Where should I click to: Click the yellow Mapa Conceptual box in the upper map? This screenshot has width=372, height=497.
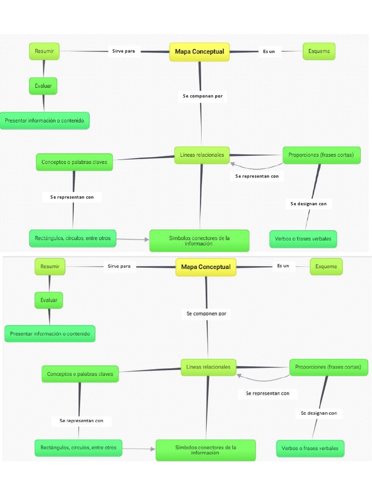(199, 52)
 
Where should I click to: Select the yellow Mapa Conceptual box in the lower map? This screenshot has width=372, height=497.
(205, 267)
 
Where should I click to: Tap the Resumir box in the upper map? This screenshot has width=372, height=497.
(44, 51)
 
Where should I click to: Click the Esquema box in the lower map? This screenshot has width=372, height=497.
(326, 266)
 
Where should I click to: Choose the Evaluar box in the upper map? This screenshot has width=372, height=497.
(43, 86)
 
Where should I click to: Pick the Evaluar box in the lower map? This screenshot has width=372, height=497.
(49, 300)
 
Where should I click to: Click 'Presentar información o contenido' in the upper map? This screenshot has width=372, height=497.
(45, 120)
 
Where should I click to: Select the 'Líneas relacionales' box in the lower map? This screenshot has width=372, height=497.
(208, 367)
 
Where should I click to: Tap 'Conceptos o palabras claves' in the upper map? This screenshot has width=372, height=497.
(74, 162)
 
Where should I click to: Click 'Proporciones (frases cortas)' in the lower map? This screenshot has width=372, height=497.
(328, 367)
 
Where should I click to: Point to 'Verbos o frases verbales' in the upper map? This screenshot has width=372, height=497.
(303, 239)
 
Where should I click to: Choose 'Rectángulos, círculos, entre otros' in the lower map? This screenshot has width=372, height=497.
(78, 447)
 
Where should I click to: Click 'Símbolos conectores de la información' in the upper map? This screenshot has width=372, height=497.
(199, 241)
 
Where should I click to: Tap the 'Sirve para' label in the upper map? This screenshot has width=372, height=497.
(124, 51)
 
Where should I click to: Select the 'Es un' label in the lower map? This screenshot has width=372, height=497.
(283, 266)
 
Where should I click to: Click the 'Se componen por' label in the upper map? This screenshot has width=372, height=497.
(202, 96)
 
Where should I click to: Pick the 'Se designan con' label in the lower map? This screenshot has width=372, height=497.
(319, 413)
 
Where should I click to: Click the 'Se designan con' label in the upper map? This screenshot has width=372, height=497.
(309, 204)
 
